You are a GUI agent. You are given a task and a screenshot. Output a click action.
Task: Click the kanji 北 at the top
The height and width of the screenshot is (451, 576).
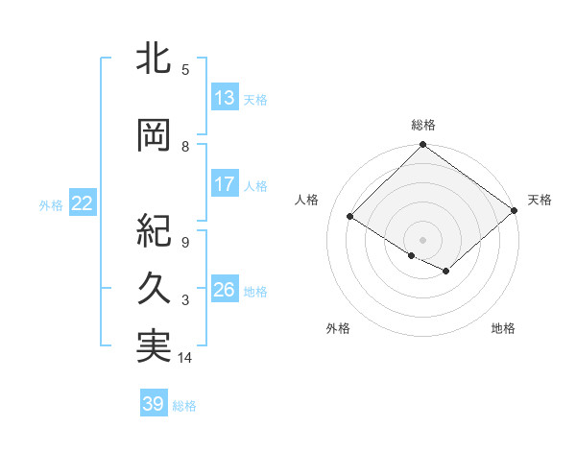154,59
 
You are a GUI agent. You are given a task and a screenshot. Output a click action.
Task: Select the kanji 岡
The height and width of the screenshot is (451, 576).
154,135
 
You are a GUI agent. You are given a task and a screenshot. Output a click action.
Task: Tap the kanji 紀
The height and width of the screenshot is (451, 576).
154,231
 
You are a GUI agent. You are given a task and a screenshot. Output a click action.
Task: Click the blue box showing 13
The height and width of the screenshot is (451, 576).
224,97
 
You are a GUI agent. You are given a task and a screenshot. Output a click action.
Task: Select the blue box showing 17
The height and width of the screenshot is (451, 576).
224,184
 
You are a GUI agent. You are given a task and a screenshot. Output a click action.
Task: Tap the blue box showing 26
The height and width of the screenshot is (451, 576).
224,290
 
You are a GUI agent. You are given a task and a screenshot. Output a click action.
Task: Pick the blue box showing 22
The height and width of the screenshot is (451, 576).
83,203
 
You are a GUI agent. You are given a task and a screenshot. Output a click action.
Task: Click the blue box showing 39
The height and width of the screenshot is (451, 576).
154,404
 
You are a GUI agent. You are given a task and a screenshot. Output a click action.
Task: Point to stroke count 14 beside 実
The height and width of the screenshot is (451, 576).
185,358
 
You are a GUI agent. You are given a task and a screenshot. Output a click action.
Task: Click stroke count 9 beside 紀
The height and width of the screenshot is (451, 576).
185,243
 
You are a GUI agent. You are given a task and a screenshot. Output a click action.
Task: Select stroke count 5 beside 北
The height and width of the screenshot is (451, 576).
185,69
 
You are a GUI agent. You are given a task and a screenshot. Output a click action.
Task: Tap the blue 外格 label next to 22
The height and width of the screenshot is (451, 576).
51,204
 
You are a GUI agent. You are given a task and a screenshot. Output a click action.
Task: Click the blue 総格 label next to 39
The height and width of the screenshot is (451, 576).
184,405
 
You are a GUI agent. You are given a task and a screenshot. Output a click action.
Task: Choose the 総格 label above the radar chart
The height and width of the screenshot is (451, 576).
422,126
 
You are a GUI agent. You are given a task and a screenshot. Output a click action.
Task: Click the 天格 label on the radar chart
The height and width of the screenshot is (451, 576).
540,200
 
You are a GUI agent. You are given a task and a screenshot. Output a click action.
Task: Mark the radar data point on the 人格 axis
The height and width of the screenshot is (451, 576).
350,217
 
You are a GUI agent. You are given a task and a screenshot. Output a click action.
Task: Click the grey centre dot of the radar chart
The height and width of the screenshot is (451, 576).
422,239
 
